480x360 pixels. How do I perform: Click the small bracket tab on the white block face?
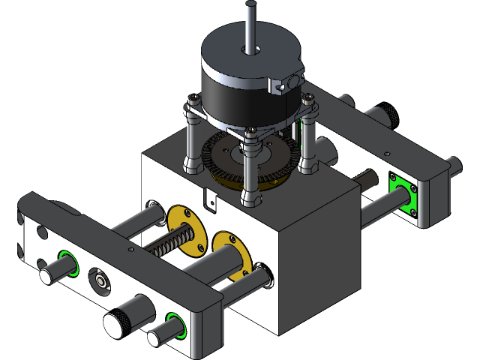coord(210,199)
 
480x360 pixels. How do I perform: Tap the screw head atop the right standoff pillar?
coord(307,98)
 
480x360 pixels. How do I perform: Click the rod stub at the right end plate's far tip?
coord(454,164)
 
